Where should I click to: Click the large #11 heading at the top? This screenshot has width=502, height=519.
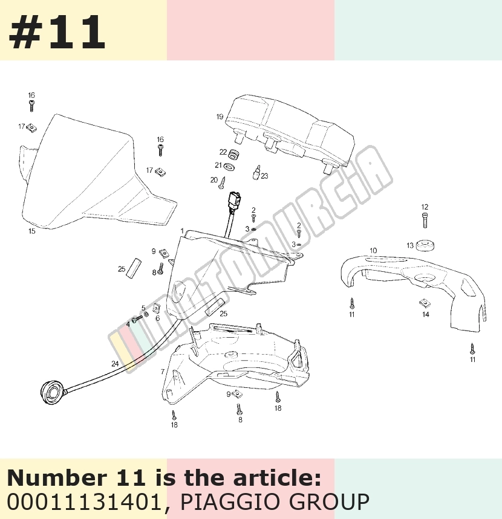click(57, 32)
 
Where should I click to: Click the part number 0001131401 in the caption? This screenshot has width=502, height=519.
click(84, 502)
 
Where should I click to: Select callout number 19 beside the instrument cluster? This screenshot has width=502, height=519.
click(220, 117)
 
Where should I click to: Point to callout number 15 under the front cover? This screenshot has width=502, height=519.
click(31, 231)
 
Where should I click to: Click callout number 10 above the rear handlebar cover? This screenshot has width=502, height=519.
click(373, 251)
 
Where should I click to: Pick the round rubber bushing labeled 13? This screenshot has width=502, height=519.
click(425, 245)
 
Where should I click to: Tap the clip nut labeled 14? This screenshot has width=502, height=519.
click(425, 303)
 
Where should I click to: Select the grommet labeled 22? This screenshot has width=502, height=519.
click(233, 154)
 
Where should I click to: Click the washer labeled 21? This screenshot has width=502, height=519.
click(229, 166)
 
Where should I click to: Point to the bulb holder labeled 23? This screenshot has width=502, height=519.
click(256, 172)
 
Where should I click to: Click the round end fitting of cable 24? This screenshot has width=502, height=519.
click(53, 393)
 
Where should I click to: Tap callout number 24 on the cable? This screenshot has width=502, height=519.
click(115, 364)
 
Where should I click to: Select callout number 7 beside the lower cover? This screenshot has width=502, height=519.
click(163, 372)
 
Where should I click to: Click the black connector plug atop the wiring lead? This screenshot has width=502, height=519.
click(234, 200)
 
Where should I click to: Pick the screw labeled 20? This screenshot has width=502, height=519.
click(223, 183)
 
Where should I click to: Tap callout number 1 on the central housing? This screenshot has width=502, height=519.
click(182, 231)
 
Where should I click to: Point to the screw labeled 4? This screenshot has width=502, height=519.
click(137, 320)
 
